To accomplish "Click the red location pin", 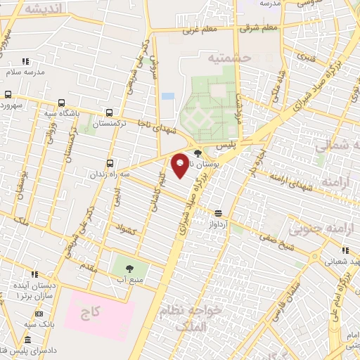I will (180, 165).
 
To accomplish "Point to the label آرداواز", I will (219, 223).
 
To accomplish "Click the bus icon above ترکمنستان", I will (109, 112).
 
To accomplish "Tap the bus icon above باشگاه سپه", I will (62, 102).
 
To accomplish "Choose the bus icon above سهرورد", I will (8, 94).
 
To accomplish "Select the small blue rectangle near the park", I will (167, 96).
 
